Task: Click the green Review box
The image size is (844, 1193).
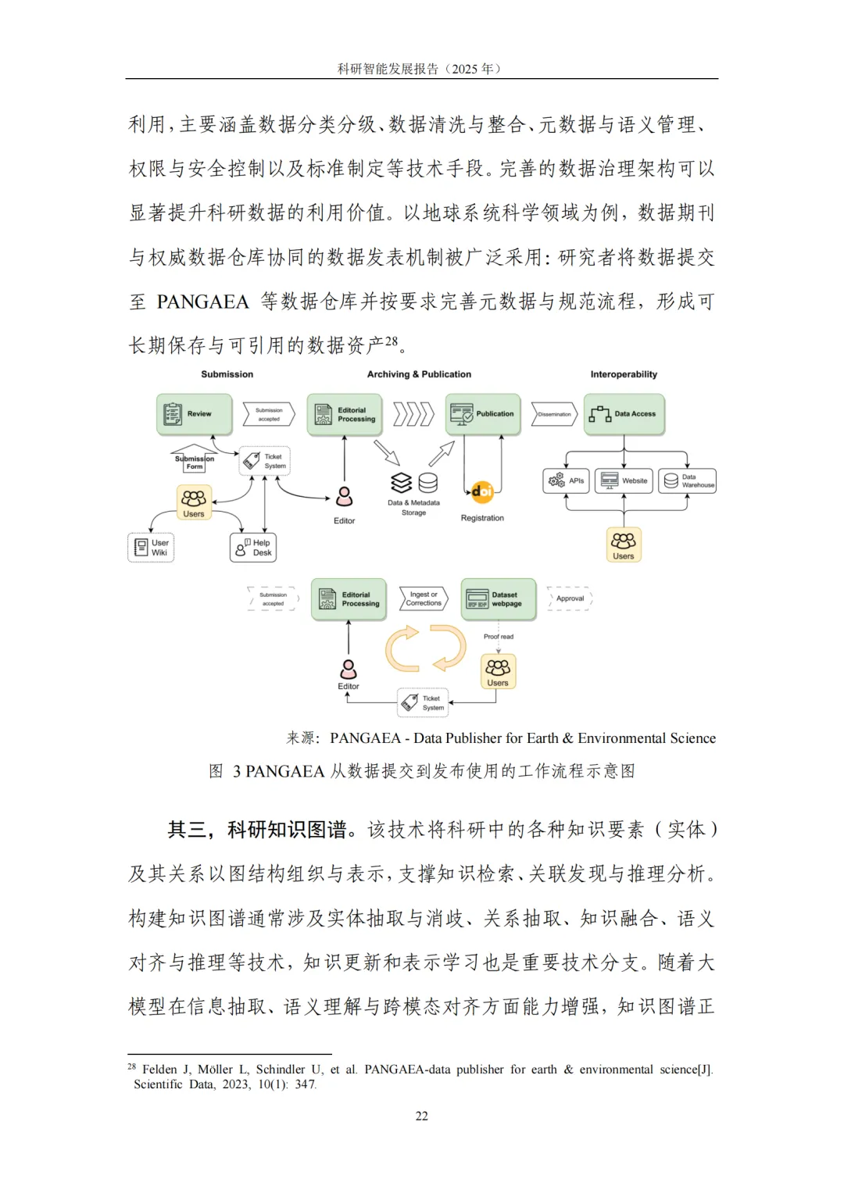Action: pos(194,414)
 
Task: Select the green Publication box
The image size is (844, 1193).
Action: pos(483,414)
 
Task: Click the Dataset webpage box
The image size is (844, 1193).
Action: pos(499,599)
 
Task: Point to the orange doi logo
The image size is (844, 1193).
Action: pos(482,491)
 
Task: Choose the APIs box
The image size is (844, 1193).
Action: pos(567,480)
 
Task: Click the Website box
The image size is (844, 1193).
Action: pos(624,480)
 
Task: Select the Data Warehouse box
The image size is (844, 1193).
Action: pos(687,480)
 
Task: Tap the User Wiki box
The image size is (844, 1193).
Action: pos(151,548)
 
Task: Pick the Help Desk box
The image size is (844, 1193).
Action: pos(253,548)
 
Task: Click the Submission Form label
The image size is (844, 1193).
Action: pos(194,463)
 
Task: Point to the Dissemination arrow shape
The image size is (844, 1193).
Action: pos(554,414)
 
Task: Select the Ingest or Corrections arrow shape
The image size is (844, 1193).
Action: pos(423,599)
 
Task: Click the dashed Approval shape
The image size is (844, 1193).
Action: pos(570,598)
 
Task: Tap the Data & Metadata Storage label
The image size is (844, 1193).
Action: pos(413,508)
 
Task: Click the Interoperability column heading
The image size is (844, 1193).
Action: pos(624,374)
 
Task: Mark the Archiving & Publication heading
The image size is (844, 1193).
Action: pos(419,374)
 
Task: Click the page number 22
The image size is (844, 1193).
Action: pos(422,1116)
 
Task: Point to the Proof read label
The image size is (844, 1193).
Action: pos(499,637)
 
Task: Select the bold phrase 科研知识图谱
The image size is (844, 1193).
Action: pos(287,830)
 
